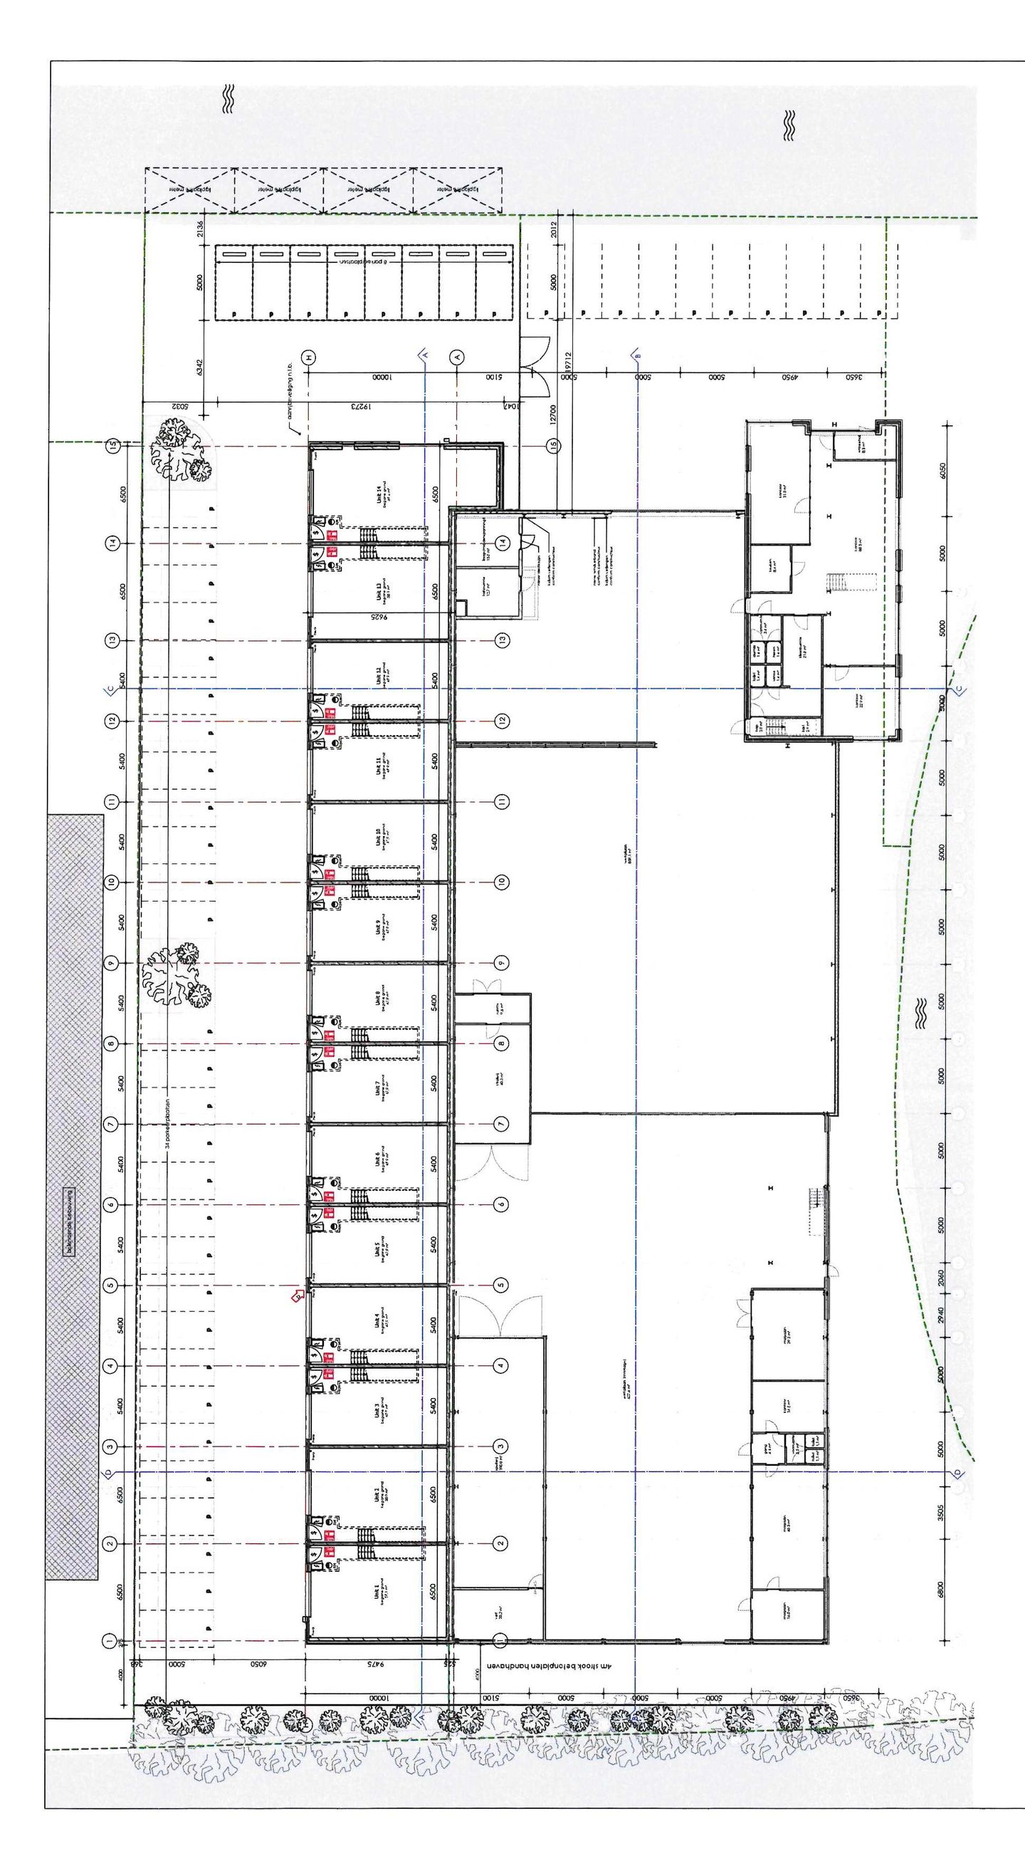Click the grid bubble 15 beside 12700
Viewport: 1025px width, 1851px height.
[553, 447]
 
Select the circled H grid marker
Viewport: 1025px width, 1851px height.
[310, 357]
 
